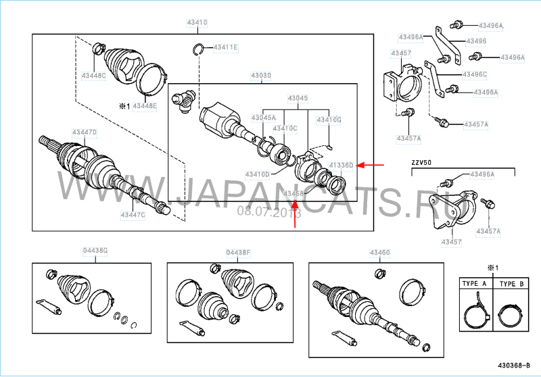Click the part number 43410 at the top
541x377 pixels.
[x=197, y=22]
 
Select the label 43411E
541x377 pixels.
[x=226, y=47]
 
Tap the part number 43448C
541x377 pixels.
[x=94, y=76]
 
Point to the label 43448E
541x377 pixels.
[x=144, y=106]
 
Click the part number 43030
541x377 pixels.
[x=261, y=75]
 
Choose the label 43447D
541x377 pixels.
[x=85, y=132]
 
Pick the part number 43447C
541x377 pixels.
[x=133, y=214]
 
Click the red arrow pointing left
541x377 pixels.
[x=371, y=165]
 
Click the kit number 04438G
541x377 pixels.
[x=95, y=251]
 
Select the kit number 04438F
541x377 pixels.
[x=238, y=253]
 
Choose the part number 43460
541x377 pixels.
[x=379, y=253]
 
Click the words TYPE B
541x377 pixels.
[x=511, y=285]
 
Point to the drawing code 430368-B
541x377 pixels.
[x=515, y=366]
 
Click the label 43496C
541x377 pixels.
[x=475, y=74]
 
